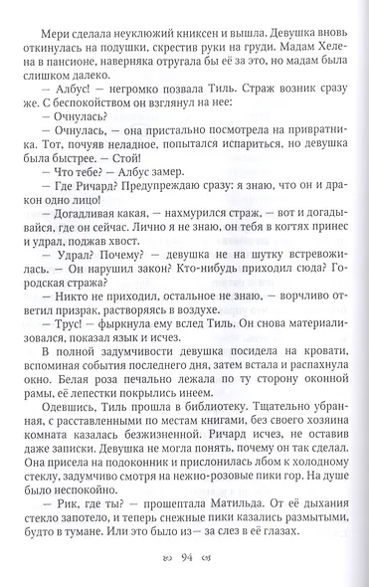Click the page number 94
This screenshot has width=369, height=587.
pos(183,558)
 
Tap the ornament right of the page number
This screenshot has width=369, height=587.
pos(205,559)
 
